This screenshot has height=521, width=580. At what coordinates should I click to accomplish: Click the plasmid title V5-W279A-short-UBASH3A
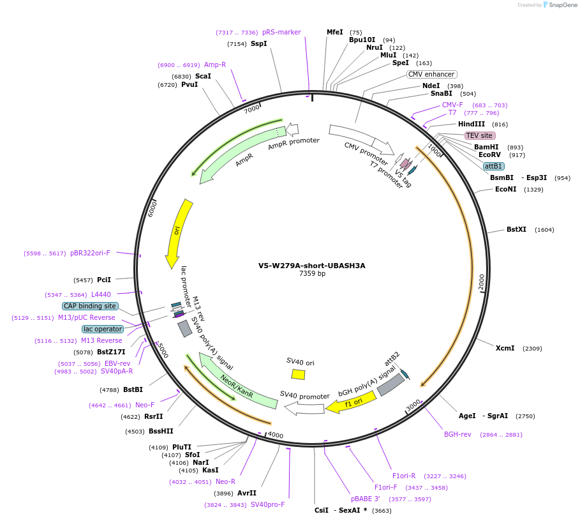[x=312, y=266]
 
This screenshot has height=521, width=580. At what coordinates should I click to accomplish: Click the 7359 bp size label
[x=312, y=274]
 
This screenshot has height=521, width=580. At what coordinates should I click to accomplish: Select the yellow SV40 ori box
[x=298, y=374]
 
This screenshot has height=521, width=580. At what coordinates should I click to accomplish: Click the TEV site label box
[x=480, y=135]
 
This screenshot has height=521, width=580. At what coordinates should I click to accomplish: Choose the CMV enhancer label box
[x=431, y=74]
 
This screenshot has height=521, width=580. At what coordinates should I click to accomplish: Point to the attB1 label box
[x=493, y=166]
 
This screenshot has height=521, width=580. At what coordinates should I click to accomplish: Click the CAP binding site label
[x=89, y=306]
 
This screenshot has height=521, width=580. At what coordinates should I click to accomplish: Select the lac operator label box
[x=103, y=329]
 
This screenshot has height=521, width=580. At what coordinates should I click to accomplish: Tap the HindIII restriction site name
[x=472, y=124]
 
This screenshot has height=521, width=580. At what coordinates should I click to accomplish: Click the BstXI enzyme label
[x=516, y=229]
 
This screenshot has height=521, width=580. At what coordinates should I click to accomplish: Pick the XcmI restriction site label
[x=505, y=348]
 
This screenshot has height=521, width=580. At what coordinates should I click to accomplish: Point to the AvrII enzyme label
[x=247, y=493]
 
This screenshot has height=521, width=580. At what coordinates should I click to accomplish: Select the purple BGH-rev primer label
[x=457, y=434]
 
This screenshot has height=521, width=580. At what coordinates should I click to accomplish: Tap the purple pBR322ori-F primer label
[x=90, y=253]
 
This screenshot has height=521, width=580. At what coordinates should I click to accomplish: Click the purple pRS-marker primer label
[x=281, y=32]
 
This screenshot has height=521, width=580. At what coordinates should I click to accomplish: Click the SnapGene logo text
[x=561, y=5]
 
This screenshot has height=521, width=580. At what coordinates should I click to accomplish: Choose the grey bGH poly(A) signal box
[x=390, y=384]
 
